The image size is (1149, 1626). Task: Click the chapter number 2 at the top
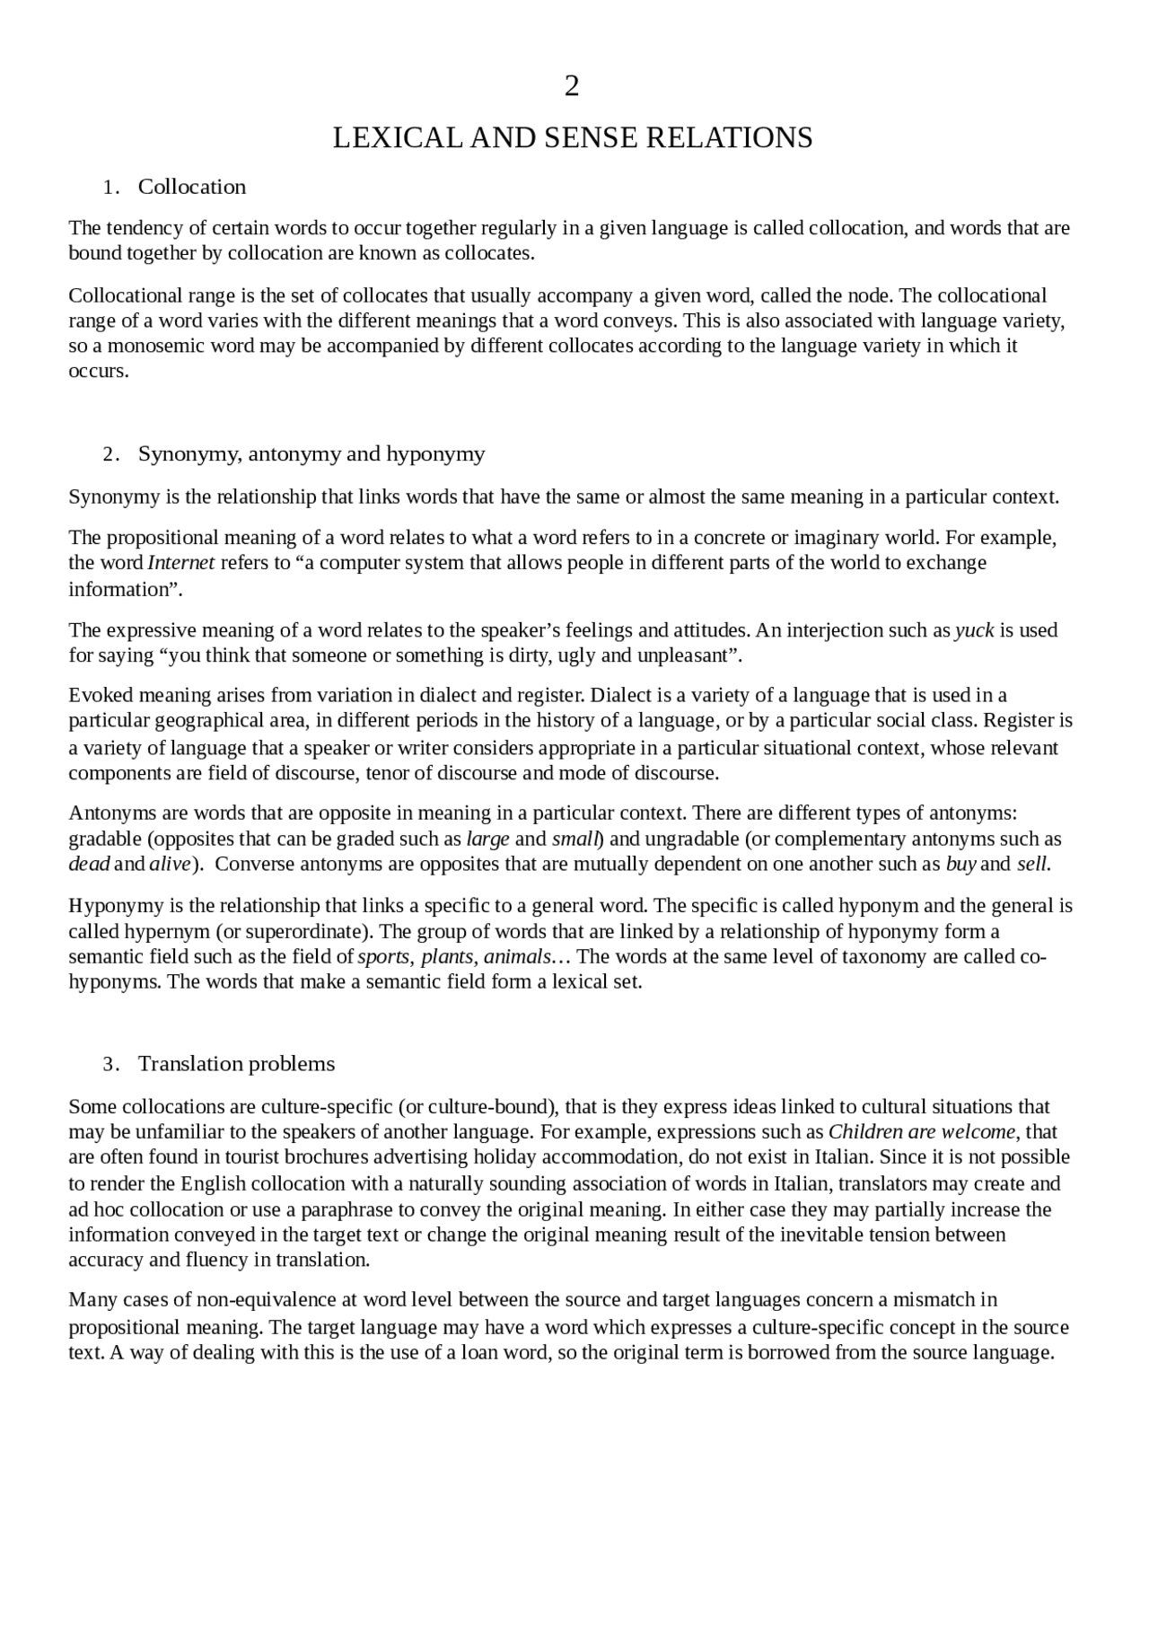(x=572, y=86)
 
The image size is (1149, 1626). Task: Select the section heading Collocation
(x=191, y=187)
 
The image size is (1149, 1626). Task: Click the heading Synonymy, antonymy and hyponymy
(x=311, y=453)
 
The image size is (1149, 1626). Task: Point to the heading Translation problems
(x=236, y=1064)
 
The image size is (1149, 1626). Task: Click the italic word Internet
(x=181, y=563)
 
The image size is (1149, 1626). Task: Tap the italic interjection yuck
(x=974, y=630)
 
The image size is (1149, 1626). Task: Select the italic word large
(x=488, y=839)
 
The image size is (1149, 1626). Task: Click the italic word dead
(x=89, y=865)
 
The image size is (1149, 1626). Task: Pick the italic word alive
(x=169, y=865)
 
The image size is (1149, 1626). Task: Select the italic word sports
(x=383, y=957)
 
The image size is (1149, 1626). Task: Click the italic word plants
(x=447, y=957)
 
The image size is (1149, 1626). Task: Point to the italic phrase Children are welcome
(x=921, y=1131)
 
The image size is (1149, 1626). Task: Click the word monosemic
(x=157, y=347)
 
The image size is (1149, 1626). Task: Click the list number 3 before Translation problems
(x=109, y=1065)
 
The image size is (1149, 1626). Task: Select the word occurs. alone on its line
(x=99, y=372)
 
